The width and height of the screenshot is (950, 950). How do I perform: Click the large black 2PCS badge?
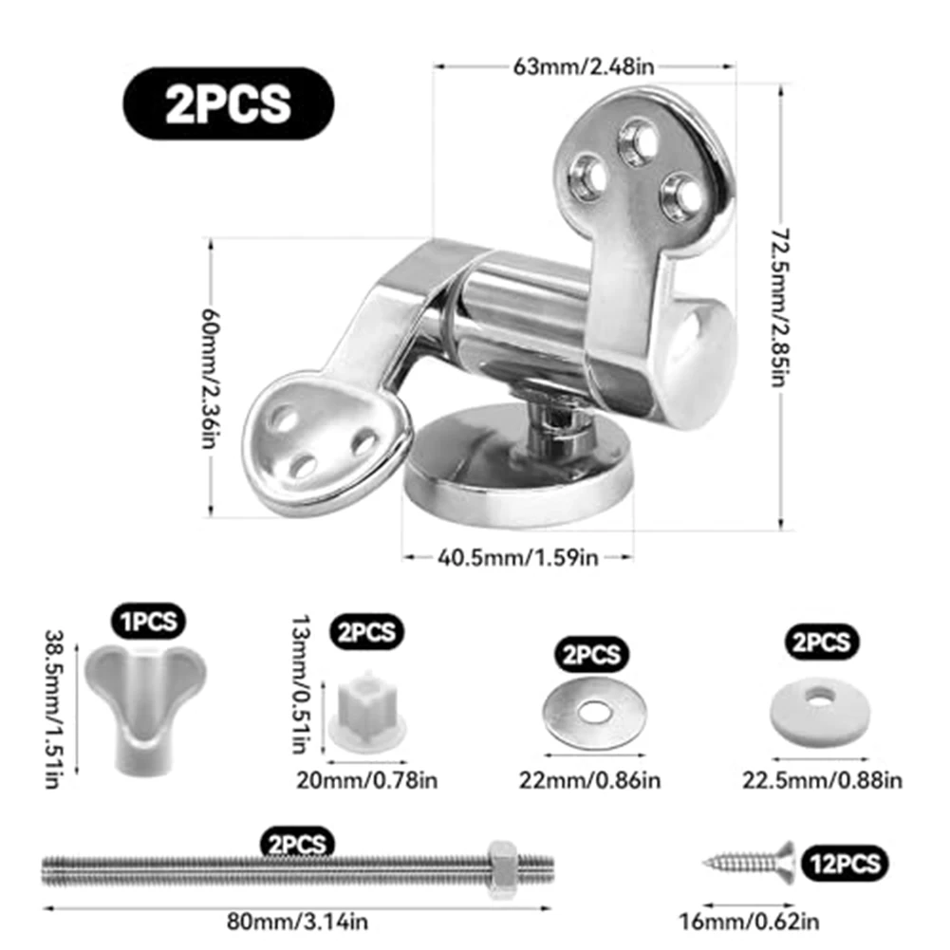[229, 103]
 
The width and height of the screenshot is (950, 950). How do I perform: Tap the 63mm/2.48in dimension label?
[584, 66]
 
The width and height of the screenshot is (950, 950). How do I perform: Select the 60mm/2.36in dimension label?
[211, 379]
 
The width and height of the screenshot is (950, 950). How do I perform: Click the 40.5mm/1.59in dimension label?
[518, 557]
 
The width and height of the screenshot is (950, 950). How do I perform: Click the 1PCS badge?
[148, 622]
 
